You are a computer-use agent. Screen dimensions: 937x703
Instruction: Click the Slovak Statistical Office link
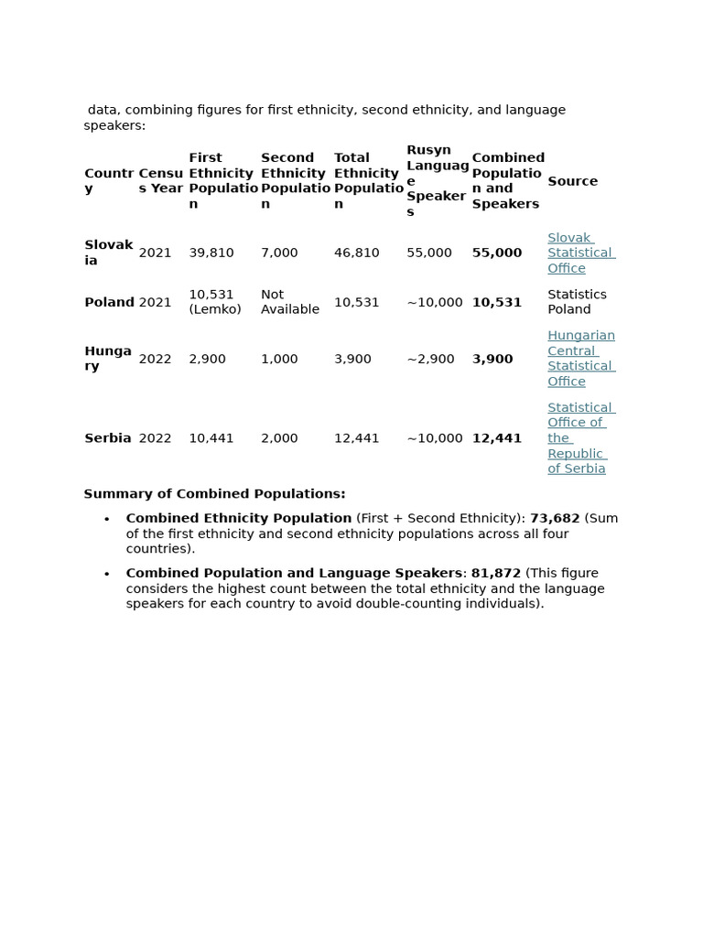(580, 253)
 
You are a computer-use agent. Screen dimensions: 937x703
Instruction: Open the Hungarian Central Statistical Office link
(580, 359)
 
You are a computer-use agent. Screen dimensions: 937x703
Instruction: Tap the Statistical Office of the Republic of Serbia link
(580, 438)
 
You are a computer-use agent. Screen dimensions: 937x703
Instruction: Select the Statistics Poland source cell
(577, 302)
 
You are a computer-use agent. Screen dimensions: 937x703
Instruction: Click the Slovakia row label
(108, 253)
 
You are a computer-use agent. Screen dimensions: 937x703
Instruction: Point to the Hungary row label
(108, 359)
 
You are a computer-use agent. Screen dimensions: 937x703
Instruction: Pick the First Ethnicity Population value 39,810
(211, 253)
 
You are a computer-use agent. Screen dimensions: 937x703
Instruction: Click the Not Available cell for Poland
(290, 302)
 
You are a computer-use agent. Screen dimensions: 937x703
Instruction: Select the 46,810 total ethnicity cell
(356, 253)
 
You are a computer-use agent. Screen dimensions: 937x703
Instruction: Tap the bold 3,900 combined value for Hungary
(492, 359)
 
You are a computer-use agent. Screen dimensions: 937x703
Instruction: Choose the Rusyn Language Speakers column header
(438, 181)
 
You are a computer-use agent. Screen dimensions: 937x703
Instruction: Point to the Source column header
(572, 181)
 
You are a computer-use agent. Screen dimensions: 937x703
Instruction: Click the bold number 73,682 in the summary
(555, 518)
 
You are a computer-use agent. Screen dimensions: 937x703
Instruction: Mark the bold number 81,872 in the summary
(496, 573)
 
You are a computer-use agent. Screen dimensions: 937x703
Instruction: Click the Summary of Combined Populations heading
(214, 494)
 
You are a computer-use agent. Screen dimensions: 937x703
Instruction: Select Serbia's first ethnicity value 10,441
(211, 438)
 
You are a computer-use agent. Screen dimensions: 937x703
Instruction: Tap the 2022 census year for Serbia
(155, 438)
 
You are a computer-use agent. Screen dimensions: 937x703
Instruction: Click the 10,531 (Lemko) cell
(215, 302)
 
